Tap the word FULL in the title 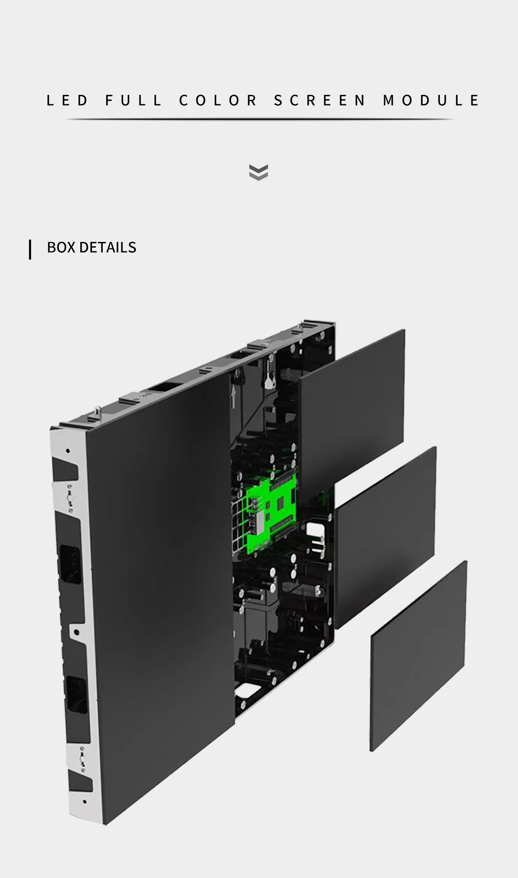point(133,100)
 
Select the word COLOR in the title point(218,100)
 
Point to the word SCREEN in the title point(320,100)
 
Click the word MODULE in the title point(431,100)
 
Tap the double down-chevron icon point(259,172)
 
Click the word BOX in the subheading point(61,247)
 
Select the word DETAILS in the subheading point(108,247)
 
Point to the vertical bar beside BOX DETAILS point(30,249)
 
